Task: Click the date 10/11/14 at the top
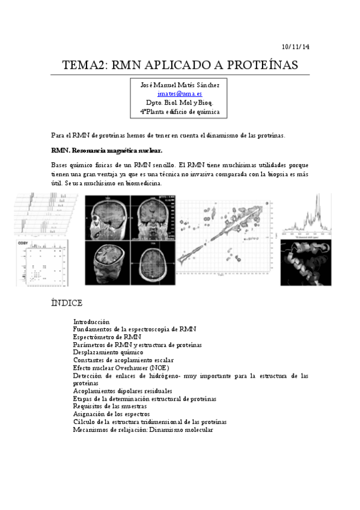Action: click(296, 47)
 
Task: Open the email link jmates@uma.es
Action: click(180, 94)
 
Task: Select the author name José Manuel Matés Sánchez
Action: click(180, 85)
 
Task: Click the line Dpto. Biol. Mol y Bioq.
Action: click(180, 103)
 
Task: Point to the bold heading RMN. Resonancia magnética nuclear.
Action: click(107, 150)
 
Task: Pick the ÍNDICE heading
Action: click(67, 303)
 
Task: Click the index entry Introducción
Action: click(96, 322)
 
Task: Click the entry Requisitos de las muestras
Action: click(110, 407)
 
